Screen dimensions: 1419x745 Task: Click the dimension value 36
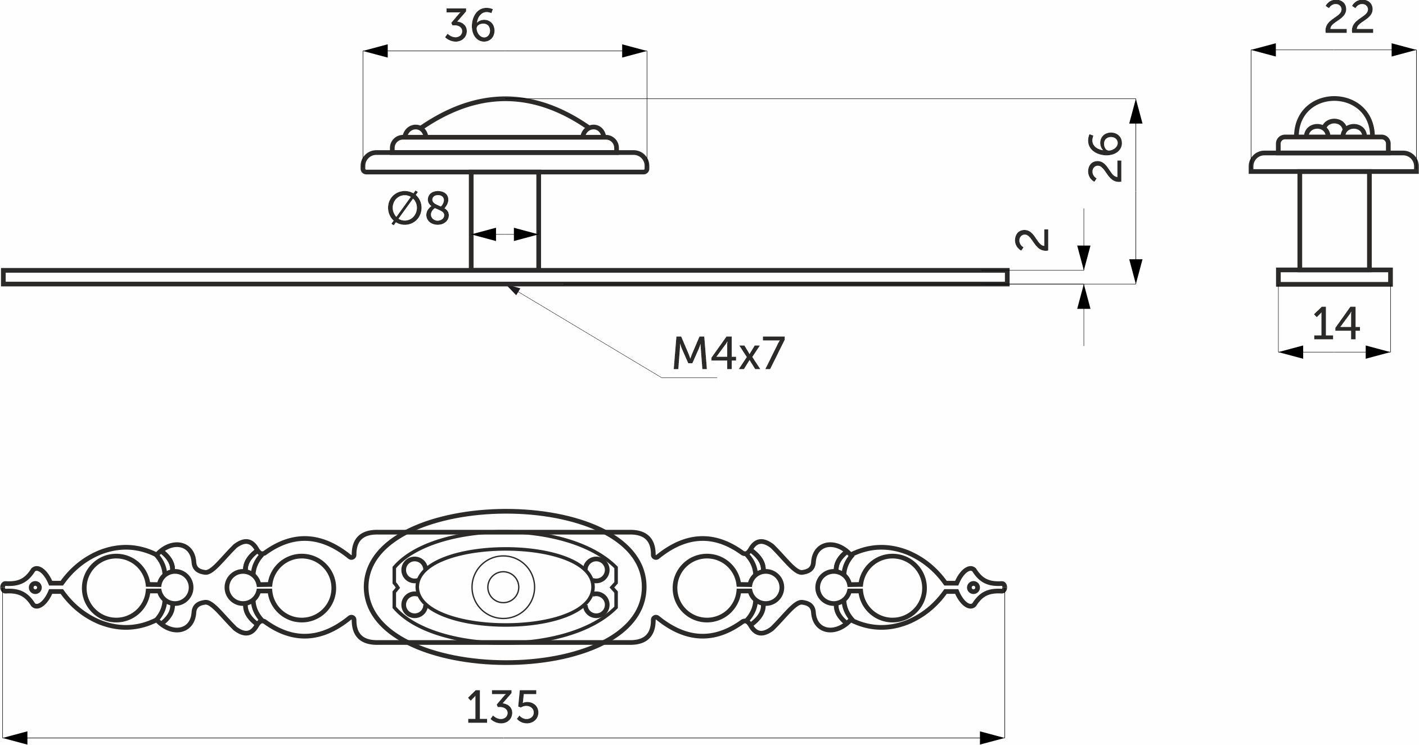(470, 26)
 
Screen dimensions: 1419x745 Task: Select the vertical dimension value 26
(1106, 157)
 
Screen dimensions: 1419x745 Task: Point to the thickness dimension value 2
(1033, 240)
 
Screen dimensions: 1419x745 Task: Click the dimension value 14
(1336, 324)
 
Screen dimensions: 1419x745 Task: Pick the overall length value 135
(503, 707)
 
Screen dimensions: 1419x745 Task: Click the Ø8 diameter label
(419, 208)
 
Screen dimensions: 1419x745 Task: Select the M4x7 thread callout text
(728, 354)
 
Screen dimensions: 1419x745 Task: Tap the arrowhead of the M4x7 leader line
(512, 290)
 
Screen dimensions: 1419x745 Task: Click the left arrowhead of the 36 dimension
(376, 51)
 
